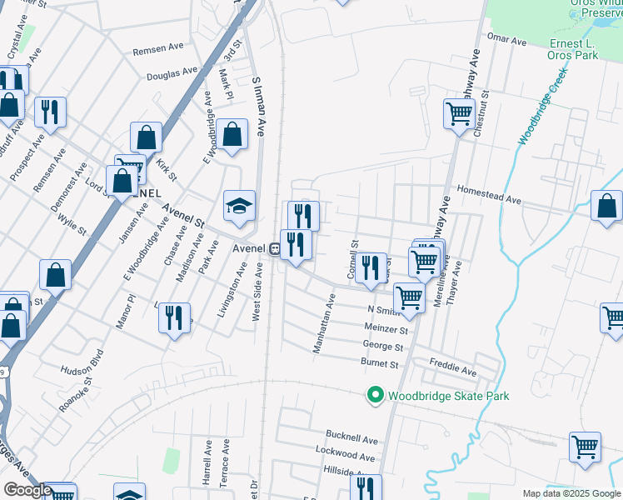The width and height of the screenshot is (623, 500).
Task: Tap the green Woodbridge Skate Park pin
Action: point(375,395)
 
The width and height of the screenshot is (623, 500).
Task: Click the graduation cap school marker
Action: point(239,207)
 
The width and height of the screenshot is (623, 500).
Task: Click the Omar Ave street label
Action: point(507,40)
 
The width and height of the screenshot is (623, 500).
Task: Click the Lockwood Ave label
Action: point(346,456)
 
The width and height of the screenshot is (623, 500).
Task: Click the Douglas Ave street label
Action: point(172,73)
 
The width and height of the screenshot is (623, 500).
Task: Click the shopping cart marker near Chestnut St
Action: point(459,114)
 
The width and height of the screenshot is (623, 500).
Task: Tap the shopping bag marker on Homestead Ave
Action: point(607,206)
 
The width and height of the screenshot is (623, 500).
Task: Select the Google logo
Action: point(27,490)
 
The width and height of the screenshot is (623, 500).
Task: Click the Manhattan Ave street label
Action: point(322,323)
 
